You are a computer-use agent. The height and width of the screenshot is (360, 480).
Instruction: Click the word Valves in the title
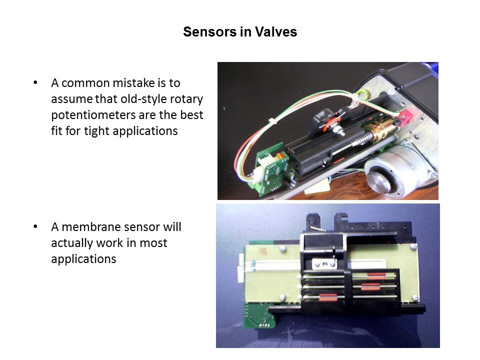[x=276, y=32]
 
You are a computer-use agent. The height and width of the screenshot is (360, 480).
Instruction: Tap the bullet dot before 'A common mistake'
[x=35, y=82]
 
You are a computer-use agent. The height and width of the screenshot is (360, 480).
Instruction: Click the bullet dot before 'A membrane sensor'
[x=35, y=226]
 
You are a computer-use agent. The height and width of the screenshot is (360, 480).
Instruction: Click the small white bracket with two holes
[x=324, y=263]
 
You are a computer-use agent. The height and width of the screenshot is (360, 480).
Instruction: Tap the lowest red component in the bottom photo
[x=327, y=297]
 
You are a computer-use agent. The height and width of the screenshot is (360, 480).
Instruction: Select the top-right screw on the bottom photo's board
[x=413, y=246]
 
